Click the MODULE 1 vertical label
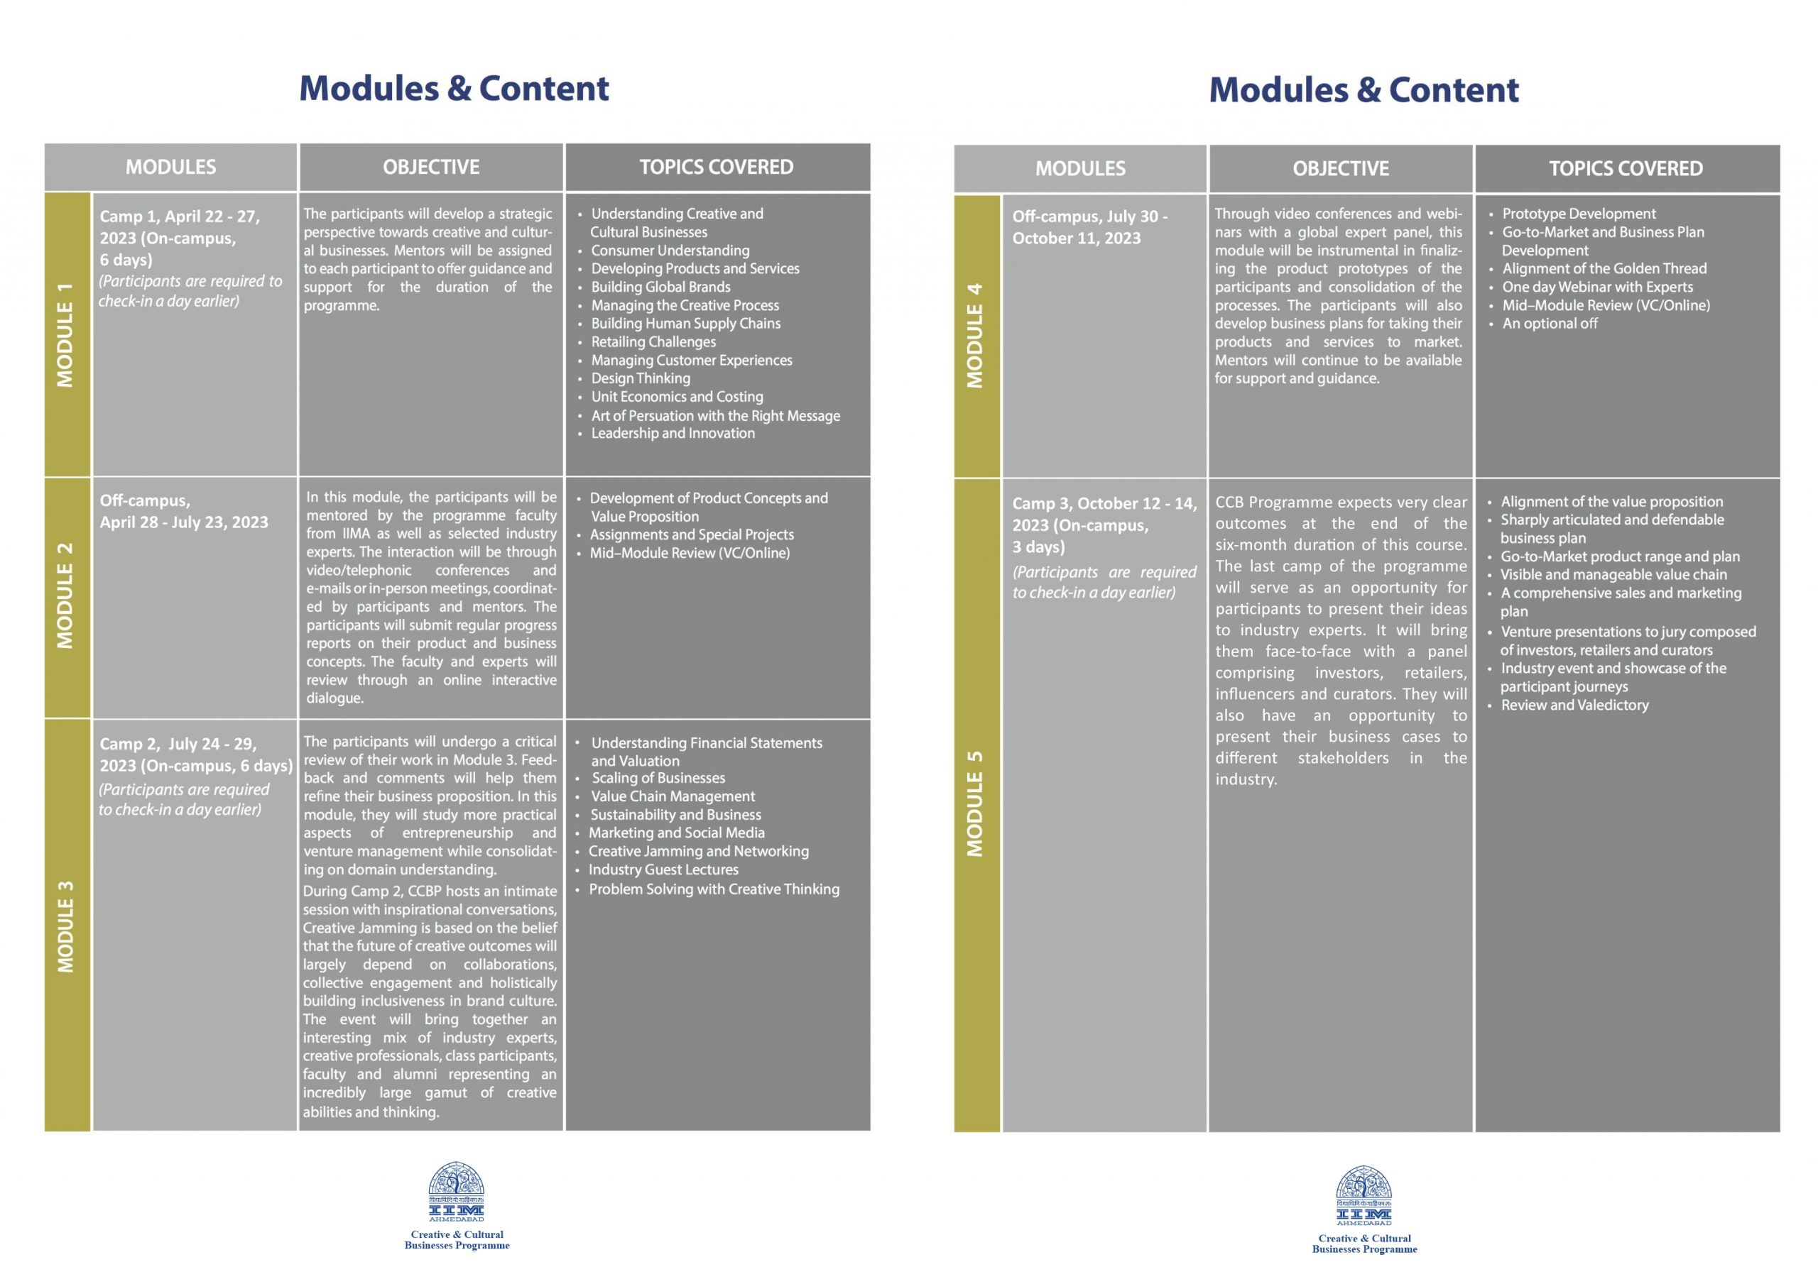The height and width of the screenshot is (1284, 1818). pos(66,334)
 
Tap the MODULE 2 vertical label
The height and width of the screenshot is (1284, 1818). pos(66,596)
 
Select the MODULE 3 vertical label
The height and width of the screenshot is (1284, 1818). pos(66,926)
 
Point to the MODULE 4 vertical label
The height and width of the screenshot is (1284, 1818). pos(976,335)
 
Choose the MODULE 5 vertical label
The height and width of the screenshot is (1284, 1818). pos(976,803)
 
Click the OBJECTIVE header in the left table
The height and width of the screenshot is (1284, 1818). pos(432,167)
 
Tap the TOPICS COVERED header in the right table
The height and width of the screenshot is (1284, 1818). pos(1626,169)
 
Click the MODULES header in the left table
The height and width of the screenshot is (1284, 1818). pos(171,167)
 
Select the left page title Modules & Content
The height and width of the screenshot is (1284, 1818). pos(454,88)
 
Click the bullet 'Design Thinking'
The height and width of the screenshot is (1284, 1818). pos(641,378)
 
